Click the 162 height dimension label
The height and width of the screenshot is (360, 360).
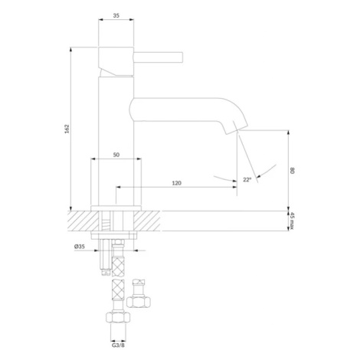(x=67, y=129)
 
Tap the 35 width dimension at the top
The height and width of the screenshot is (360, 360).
(x=116, y=15)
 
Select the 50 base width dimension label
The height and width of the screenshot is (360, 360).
(x=116, y=155)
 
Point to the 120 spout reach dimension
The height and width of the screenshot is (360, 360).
(x=176, y=183)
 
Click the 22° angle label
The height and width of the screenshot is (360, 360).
(x=247, y=180)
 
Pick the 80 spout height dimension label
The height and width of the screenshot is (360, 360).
(x=293, y=171)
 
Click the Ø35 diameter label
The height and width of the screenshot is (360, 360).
(x=80, y=247)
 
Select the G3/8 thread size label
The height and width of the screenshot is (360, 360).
(x=118, y=345)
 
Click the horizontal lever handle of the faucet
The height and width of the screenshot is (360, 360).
(x=159, y=57)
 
